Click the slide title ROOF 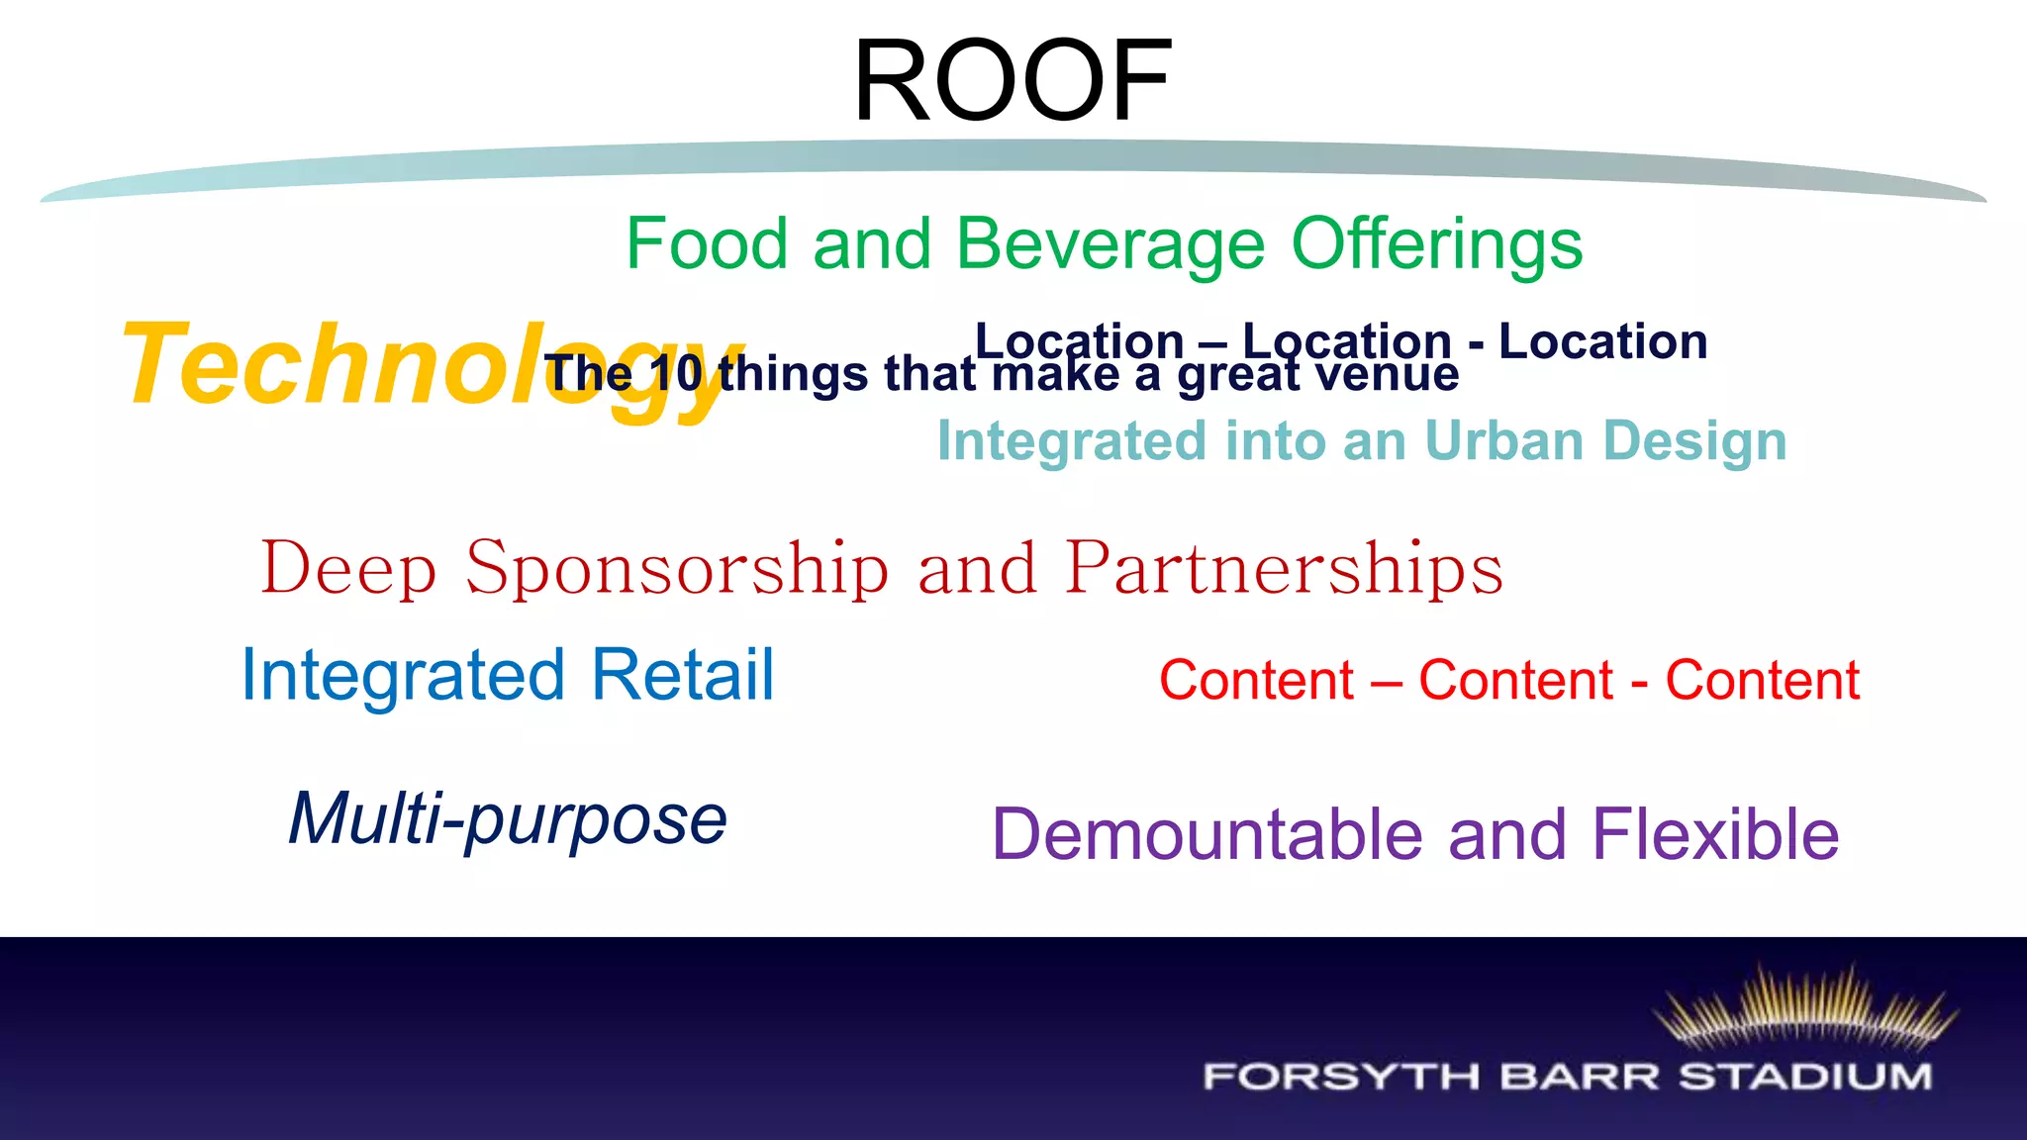(x=1012, y=81)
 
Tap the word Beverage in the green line (x=1110, y=244)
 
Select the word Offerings (x=1436, y=244)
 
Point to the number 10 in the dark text (x=676, y=374)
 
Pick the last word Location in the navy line (x=1602, y=341)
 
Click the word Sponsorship (x=677, y=569)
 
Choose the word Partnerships (x=1284, y=569)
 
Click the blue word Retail (x=682, y=675)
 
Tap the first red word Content (x=1256, y=681)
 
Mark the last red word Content (x=1762, y=681)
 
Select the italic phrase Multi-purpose (x=508, y=819)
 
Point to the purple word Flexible (x=1715, y=834)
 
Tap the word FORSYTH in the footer (x=1340, y=1077)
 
